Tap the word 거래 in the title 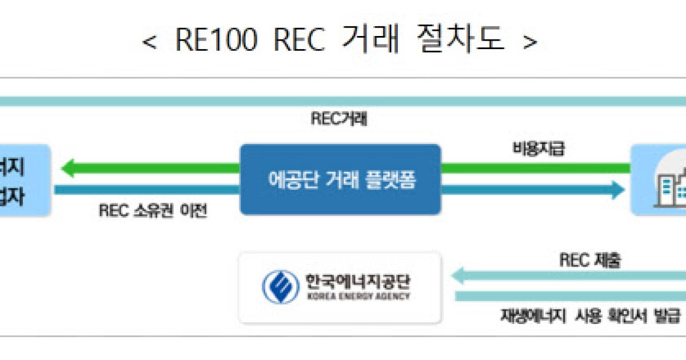pyautogui.click(x=370, y=41)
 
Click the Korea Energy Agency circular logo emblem pyautogui.click(x=281, y=287)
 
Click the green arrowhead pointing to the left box pyautogui.click(x=68, y=169)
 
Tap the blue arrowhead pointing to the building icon pyautogui.click(x=617, y=189)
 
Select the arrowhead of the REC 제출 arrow pyautogui.click(x=458, y=277)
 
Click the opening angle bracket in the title pyautogui.click(x=149, y=42)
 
